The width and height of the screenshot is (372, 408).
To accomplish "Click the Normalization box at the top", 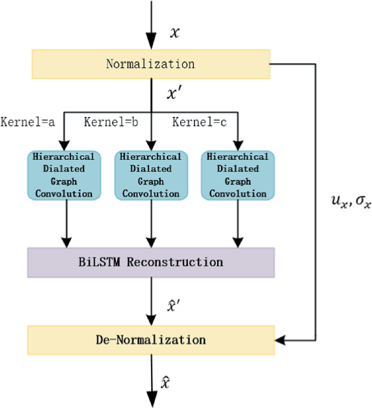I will pyautogui.click(x=150, y=64).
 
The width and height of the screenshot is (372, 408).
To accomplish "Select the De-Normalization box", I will pyautogui.click(x=150, y=341).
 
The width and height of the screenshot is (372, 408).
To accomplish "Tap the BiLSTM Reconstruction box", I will pyautogui.click(x=150, y=262).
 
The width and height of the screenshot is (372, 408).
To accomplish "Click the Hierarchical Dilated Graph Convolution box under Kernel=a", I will pyautogui.click(x=64, y=175).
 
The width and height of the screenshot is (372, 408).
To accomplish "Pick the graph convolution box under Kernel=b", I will pyautogui.click(x=150, y=175).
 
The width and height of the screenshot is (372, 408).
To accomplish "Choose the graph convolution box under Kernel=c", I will pyautogui.click(x=238, y=175).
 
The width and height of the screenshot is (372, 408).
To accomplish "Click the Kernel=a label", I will pyautogui.click(x=28, y=122).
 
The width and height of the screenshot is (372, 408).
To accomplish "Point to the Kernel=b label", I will pyautogui.click(x=111, y=122).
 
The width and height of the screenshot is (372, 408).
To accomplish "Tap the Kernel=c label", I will pyautogui.click(x=200, y=122).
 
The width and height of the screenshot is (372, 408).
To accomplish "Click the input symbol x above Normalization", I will pyautogui.click(x=174, y=33).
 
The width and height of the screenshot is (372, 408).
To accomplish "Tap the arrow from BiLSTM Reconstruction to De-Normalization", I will pyautogui.click(x=151, y=302).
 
